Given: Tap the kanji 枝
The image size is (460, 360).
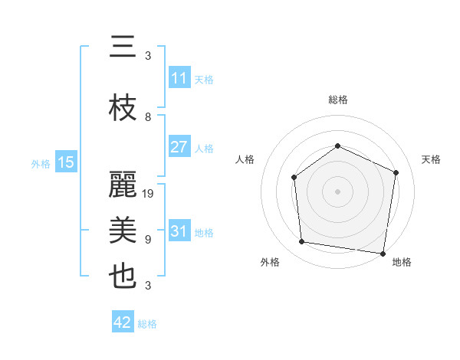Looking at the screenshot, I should [123, 109].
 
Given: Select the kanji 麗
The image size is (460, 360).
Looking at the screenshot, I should [123, 185].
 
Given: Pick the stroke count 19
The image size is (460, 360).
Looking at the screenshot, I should [149, 194].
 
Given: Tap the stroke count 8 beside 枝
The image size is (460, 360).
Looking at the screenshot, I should [148, 117].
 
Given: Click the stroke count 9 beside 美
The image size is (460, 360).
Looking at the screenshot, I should [148, 240].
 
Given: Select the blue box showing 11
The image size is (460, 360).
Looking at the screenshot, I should [179, 78].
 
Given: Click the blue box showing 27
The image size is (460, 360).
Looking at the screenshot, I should [179, 147].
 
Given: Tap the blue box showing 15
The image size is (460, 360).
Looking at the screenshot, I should [65, 162].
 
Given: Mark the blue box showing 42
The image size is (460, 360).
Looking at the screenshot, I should [123, 322].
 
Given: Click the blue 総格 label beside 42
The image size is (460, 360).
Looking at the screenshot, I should [148, 324].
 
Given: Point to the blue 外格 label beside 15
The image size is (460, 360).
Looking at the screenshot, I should [41, 163].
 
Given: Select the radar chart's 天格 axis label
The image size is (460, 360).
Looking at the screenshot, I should [431, 159].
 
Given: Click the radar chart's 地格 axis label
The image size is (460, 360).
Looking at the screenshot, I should [402, 262].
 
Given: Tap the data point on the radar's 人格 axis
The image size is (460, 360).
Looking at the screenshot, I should [294, 177].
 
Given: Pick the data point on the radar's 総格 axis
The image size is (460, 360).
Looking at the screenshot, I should [337, 146].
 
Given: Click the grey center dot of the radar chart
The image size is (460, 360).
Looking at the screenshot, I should [337, 191].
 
